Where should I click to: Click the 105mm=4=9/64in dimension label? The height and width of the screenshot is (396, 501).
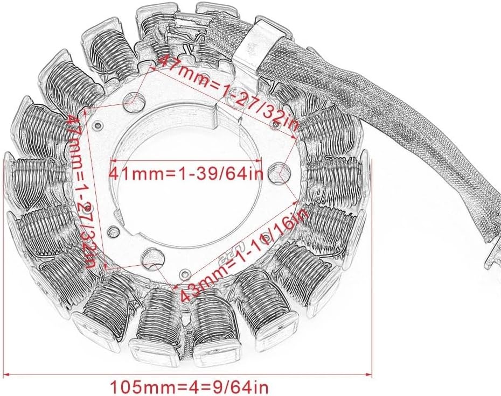click(x=189, y=387)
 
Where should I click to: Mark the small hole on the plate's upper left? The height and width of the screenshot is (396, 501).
click(x=97, y=125)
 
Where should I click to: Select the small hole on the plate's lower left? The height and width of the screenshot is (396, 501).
click(x=113, y=231)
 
